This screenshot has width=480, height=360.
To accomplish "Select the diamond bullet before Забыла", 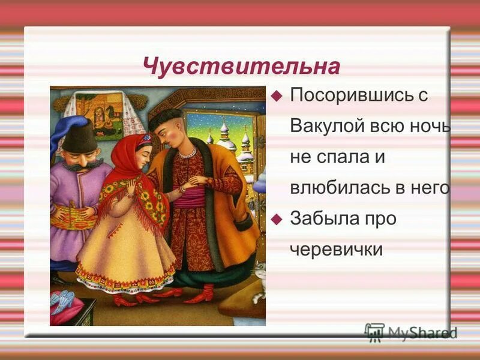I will (x=277, y=219).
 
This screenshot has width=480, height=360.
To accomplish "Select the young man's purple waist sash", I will (x=192, y=197).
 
